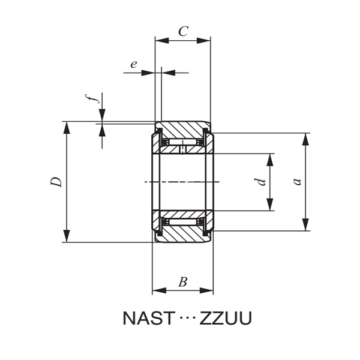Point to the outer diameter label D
(56, 182)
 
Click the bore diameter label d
(260, 182)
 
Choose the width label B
(183, 281)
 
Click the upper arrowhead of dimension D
(67, 127)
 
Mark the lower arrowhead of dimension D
(67, 237)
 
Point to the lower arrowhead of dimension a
(306, 226)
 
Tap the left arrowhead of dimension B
(158, 291)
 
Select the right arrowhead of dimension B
(208, 291)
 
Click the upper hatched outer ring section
(183, 130)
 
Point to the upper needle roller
(183, 143)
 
